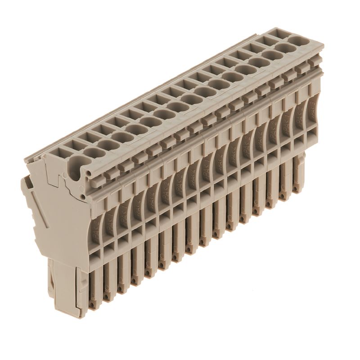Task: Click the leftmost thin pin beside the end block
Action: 94,288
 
